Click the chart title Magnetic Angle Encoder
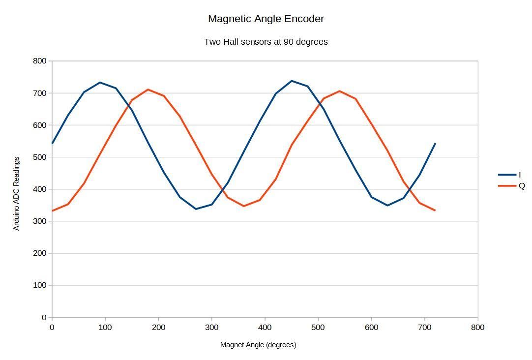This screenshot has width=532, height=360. click(x=266, y=19)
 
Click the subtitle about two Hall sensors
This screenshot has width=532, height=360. click(x=266, y=42)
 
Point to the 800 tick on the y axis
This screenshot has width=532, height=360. click(x=40, y=61)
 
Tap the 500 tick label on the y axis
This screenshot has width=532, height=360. click(x=40, y=157)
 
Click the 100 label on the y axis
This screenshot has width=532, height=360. click(x=40, y=285)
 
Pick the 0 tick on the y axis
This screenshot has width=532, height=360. click(x=44, y=318)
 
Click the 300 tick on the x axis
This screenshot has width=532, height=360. click(x=211, y=328)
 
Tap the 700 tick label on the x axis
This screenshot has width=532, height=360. click(x=424, y=328)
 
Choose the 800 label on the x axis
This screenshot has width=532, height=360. click(x=477, y=328)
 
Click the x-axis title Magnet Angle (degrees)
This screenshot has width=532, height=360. click(x=258, y=345)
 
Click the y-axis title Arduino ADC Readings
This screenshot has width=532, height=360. click(x=17, y=193)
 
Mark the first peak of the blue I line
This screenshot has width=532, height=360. click(x=100, y=83)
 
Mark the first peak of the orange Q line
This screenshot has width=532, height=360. click(x=148, y=90)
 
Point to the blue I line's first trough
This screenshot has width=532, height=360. click(x=196, y=209)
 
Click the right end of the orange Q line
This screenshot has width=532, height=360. click(x=435, y=210)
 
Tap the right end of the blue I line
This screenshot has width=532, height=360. click(x=435, y=144)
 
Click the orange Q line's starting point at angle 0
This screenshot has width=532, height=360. click(x=52, y=211)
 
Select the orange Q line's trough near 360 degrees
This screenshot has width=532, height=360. click(x=243, y=206)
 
